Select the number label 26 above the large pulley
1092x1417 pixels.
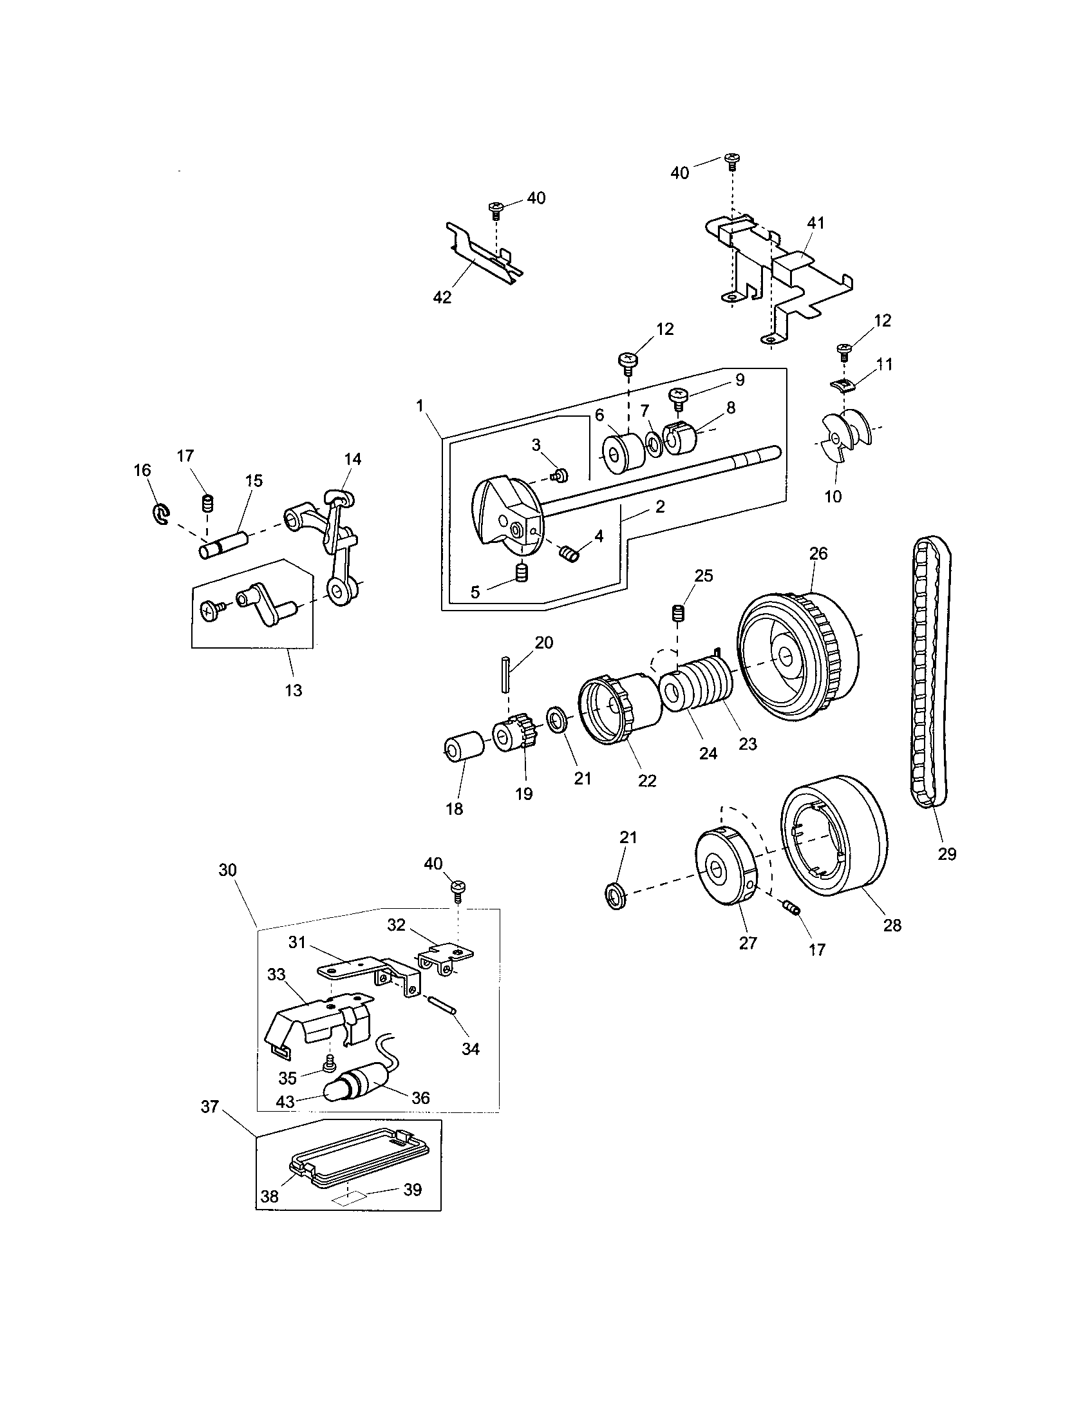(x=818, y=553)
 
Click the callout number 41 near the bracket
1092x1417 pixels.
(x=815, y=223)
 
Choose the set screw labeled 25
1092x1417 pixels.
(x=677, y=613)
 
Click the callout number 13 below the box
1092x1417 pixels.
(x=294, y=690)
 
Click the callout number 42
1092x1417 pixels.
(x=442, y=297)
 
